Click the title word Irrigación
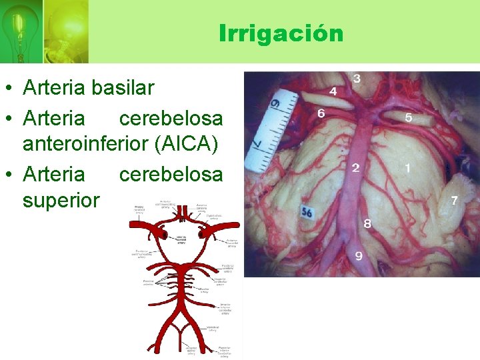pyautogui.click(x=281, y=33)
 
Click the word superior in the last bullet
pyautogui.click(x=61, y=200)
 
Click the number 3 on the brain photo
pyautogui.click(x=357, y=79)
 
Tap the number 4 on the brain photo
pyautogui.click(x=333, y=91)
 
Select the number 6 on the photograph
pyautogui.click(x=321, y=114)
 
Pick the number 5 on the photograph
pyautogui.click(x=409, y=118)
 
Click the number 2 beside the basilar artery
pyautogui.click(x=356, y=168)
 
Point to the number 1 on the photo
pyautogui.click(x=407, y=168)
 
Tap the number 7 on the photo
pyautogui.click(x=455, y=200)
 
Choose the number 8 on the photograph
pyautogui.click(x=367, y=224)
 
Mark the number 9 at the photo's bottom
pyautogui.click(x=359, y=255)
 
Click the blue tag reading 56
pyautogui.click(x=307, y=213)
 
